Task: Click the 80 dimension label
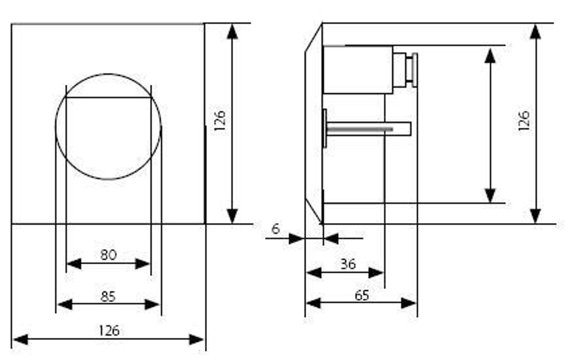coord(108,255)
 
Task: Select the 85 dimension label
coord(108,297)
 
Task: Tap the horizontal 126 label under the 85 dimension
coord(109,331)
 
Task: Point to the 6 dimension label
coord(275,229)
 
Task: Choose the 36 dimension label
coord(348,264)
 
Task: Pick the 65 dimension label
coord(362,296)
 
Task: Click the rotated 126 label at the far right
coord(524,121)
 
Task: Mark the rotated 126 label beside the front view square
coord(220,121)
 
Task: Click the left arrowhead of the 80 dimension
coord(74,264)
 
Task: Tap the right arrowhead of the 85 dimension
coord(152,304)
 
